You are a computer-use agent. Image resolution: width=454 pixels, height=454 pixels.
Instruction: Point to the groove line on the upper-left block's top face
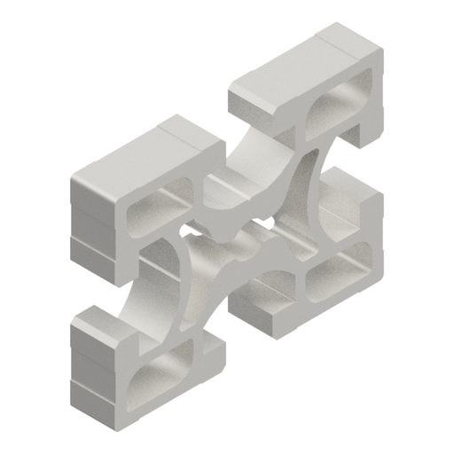coord(174,138)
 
